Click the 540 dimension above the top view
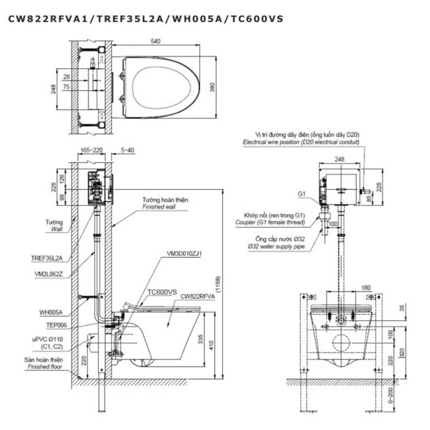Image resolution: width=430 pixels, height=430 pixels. (x=155, y=41)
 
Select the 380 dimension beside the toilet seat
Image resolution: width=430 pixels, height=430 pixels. (x=212, y=87)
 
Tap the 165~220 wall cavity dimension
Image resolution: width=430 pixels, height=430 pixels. (x=91, y=150)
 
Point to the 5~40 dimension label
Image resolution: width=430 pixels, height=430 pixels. (x=127, y=150)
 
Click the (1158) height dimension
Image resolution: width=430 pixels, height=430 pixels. (x=218, y=284)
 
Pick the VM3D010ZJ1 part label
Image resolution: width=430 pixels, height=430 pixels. (x=184, y=254)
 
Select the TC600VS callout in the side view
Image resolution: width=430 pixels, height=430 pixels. (x=162, y=292)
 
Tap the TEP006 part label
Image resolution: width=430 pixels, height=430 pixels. (x=57, y=325)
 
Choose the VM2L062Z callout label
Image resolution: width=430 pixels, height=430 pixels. (x=49, y=274)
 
